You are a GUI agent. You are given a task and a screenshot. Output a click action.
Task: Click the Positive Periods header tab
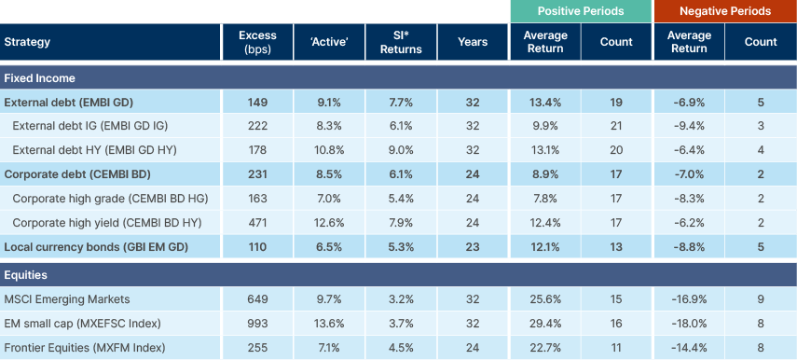point(580,11)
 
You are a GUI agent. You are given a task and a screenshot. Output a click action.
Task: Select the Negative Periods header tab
point(725,11)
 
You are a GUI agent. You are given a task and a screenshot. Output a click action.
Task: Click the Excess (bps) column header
point(251,42)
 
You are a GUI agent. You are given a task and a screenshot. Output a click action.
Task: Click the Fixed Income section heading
point(39,77)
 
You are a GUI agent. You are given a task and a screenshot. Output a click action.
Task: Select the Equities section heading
point(27,275)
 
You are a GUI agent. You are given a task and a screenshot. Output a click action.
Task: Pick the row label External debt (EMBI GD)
point(62,102)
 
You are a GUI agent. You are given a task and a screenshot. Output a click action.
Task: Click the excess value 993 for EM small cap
point(251,324)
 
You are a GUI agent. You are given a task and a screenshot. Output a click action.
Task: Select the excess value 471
point(251,221)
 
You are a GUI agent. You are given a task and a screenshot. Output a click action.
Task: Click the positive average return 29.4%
point(545,324)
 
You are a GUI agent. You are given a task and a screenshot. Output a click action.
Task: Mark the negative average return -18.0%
point(689,324)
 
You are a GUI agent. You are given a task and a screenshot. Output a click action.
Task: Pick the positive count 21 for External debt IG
point(616,126)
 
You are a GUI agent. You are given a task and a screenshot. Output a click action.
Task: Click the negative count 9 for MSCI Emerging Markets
point(762,299)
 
